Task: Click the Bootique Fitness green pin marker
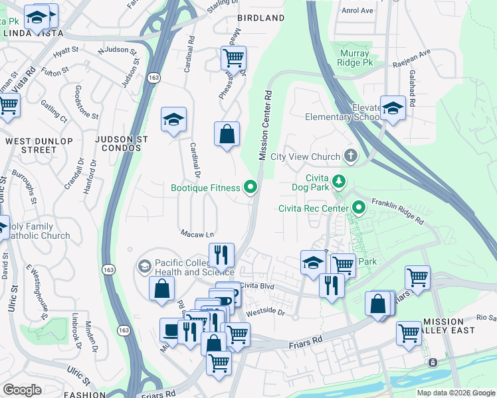pyautogui.click(x=250, y=188)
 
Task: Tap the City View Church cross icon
pyautogui.click(x=350, y=157)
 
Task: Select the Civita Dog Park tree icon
pyautogui.click(x=340, y=181)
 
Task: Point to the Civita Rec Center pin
pyautogui.click(x=359, y=209)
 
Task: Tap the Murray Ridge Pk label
pyautogui.click(x=358, y=58)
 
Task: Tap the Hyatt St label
pyautogui.click(x=66, y=50)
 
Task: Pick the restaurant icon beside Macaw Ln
pyautogui.click(x=221, y=254)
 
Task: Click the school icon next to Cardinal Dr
pyautogui.click(x=174, y=120)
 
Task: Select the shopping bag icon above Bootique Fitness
pyautogui.click(x=227, y=134)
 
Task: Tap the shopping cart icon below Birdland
pyautogui.click(x=233, y=58)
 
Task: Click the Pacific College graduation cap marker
pyautogui.click(x=144, y=267)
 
